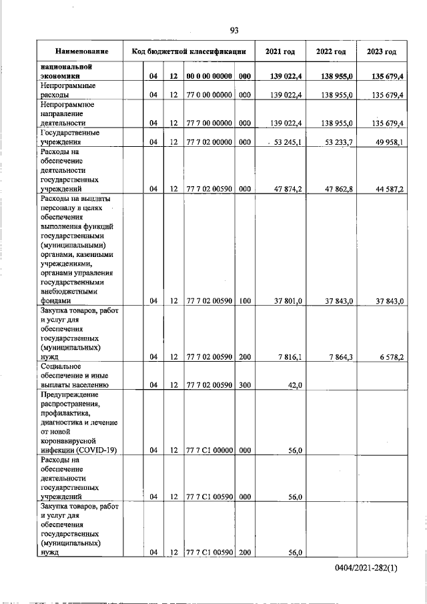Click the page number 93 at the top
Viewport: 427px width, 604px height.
(234, 30)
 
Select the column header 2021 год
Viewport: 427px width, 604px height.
(280, 51)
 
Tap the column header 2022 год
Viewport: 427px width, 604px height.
(331, 51)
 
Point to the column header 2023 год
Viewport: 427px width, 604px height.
(382, 51)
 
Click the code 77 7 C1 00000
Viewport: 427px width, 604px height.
(209, 450)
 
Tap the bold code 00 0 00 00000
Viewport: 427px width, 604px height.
(209, 77)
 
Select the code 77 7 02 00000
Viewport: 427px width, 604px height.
(209, 142)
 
